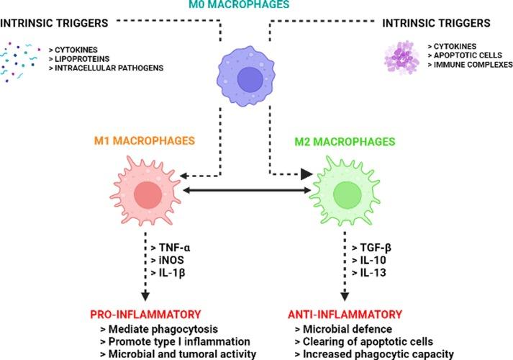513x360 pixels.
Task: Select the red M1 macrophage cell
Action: click(146, 194)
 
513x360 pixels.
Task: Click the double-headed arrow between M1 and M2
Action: click(245, 192)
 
